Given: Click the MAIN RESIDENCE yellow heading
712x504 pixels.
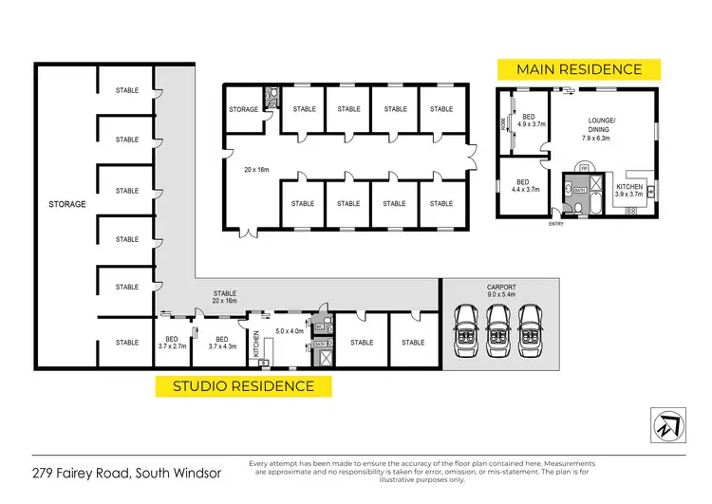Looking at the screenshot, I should click(579, 69).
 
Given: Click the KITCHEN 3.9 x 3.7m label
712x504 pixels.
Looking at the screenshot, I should click(629, 190).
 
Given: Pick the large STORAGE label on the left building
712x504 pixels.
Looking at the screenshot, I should click(67, 204).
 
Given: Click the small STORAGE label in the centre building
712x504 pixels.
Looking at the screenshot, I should click(244, 109).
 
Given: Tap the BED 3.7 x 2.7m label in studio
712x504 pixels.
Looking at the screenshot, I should click(173, 343).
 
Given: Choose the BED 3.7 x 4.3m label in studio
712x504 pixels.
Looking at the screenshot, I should click(221, 343).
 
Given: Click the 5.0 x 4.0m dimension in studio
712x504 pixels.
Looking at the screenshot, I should click(289, 331).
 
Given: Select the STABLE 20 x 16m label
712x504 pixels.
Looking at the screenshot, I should click(225, 297).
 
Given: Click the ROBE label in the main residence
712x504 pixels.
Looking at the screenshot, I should click(504, 122).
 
